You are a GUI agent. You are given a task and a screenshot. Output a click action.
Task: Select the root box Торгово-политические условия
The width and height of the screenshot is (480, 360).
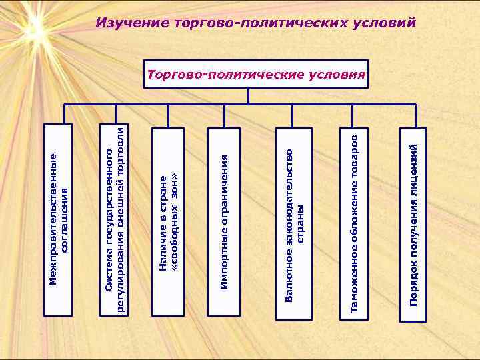[x=257, y=74]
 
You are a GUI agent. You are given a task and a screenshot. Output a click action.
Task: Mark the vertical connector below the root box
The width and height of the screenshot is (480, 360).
[x=248, y=96]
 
